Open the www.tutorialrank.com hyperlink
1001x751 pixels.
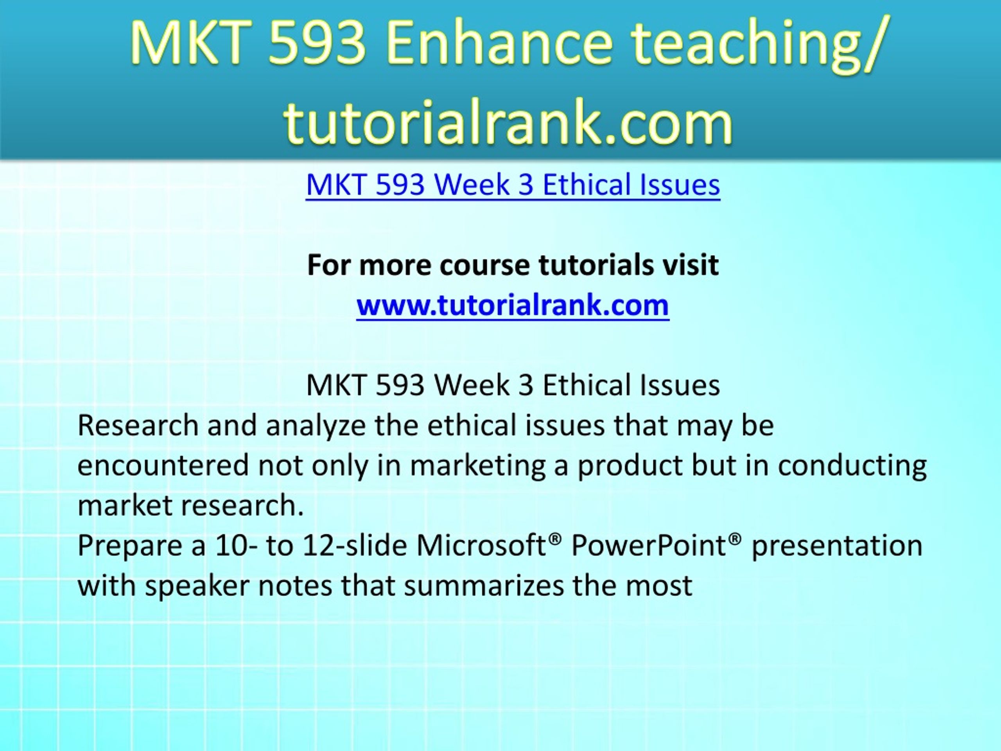pos(513,305)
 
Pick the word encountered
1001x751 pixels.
pos(163,465)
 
